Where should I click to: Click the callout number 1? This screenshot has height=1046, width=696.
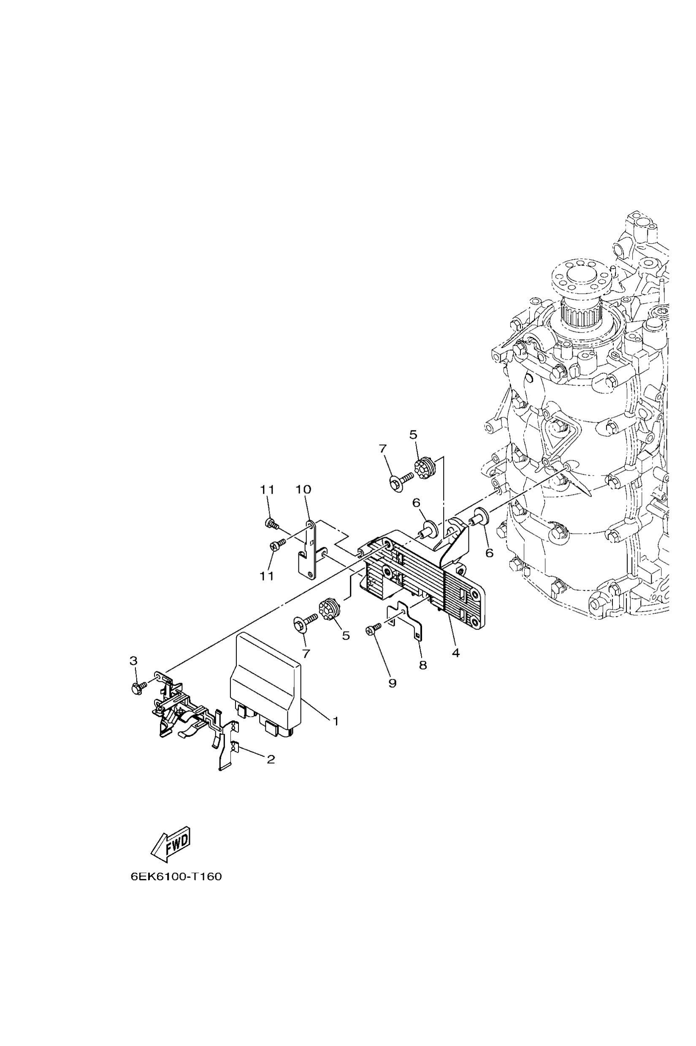[336, 721]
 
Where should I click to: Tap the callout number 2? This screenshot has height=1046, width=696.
[271, 759]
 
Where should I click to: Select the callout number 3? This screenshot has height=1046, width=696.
[133, 673]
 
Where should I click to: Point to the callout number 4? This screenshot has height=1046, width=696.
[456, 653]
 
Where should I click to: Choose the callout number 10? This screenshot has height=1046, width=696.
[304, 489]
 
